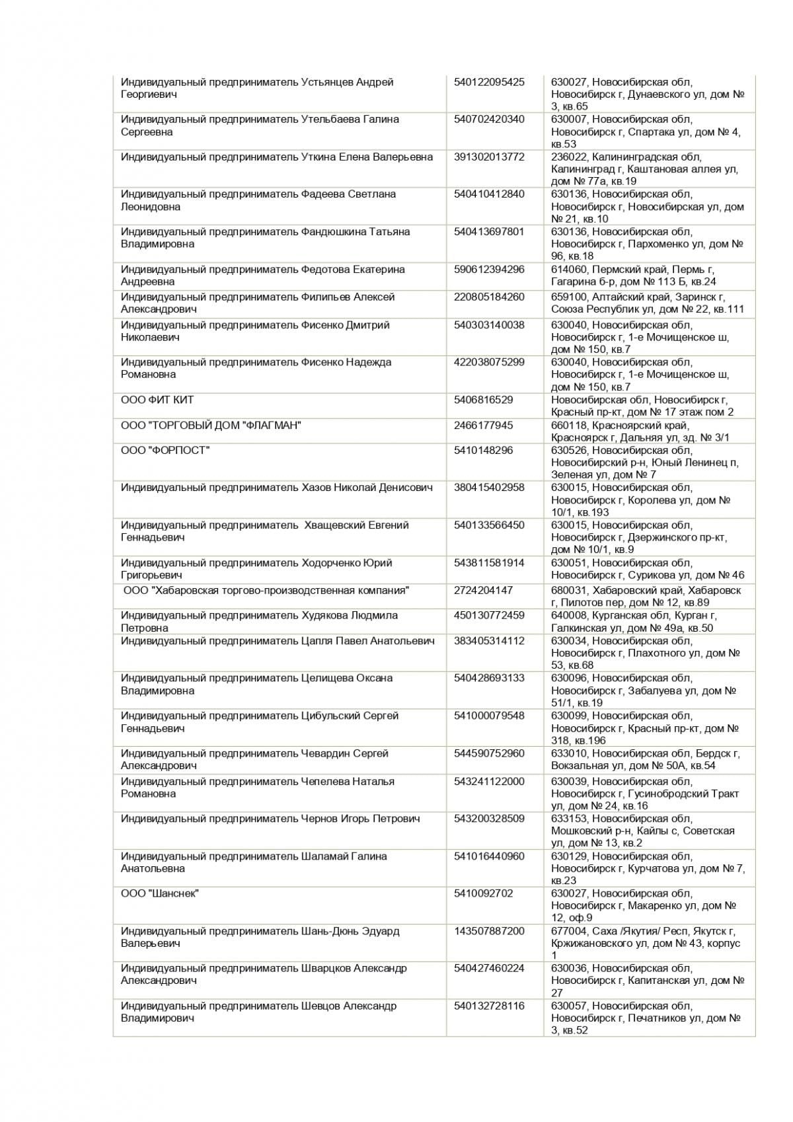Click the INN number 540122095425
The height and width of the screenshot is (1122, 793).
click(x=489, y=82)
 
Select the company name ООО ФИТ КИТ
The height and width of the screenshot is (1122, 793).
click(x=157, y=400)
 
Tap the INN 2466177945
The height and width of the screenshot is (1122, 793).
click(x=483, y=425)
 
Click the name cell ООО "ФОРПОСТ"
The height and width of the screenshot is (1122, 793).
click(x=165, y=450)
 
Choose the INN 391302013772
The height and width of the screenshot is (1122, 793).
click(x=489, y=157)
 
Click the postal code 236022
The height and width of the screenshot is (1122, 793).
click(x=569, y=157)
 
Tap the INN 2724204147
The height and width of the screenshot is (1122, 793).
click(x=483, y=590)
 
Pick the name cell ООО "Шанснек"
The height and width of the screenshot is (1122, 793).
click(x=160, y=893)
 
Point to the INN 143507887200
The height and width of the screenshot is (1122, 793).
click(x=489, y=930)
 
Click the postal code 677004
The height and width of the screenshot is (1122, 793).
click(x=569, y=930)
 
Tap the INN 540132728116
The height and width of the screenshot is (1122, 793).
click(x=489, y=1006)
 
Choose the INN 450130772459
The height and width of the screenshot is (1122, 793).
click(x=489, y=615)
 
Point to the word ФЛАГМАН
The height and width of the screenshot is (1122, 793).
click(x=272, y=425)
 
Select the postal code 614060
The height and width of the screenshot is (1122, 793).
click(x=569, y=269)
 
